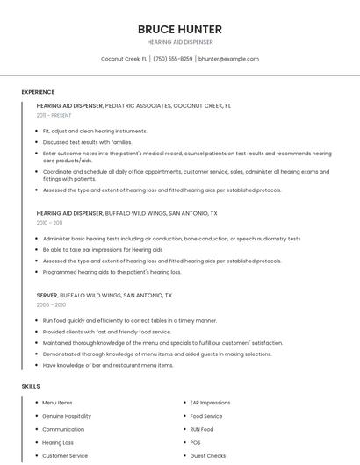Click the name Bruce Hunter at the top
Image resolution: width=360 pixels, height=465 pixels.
pyautogui.click(x=179, y=30)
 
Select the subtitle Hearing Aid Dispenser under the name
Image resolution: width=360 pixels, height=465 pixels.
pyautogui.click(x=179, y=42)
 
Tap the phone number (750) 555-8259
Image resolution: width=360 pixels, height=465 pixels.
pyautogui.click(x=173, y=59)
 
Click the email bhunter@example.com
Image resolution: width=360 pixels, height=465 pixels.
pyautogui.click(x=228, y=59)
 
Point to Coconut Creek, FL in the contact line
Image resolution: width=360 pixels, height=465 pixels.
pyautogui.click(x=124, y=59)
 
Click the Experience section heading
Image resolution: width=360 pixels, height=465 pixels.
pyautogui.click(x=38, y=92)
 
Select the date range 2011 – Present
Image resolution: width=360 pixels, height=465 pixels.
pyautogui.click(x=54, y=115)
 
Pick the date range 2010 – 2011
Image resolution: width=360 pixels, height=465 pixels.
pyautogui.click(x=50, y=223)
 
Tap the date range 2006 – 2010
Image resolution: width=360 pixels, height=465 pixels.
pyautogui.click(x=51, y=304)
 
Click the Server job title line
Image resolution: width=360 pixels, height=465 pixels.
pyautogui.click(x=104, y=296)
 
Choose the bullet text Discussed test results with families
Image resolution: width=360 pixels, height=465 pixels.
pyautogui.click(x=87, y=142)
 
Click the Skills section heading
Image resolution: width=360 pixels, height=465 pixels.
pyautogui.click(x=30, y=386)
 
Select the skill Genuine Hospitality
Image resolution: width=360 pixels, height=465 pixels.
pyautogui.click(x=67, y=416)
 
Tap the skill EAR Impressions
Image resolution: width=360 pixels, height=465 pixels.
pyautogui.click(x=210, y=403)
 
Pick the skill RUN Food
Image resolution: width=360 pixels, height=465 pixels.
pyautogui.click(x=202, y=429)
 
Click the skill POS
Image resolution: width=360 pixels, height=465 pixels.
pyautogui.click(x=195, y=443)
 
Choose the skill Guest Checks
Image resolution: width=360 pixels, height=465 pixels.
pyautogui.click(x=208, y=456)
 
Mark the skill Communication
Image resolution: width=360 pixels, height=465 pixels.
pyautogui.click(x=63, y=429)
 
